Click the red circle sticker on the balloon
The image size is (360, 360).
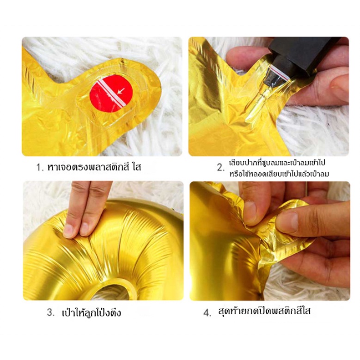111,93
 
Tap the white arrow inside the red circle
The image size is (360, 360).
121,91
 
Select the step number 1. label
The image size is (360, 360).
40,167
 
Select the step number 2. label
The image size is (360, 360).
220,168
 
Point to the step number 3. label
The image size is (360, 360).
50,312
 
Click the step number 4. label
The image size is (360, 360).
207,313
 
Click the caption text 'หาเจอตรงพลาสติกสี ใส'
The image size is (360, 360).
94,167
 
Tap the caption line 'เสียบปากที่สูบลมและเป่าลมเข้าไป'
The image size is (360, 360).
277,163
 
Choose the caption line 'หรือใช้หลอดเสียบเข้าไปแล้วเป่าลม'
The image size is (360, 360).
279,174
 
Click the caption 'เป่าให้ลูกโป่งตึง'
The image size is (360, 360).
92,312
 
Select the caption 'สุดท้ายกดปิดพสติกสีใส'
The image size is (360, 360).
264,311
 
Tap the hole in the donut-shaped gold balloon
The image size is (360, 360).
110,292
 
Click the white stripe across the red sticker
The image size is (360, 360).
111,93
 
